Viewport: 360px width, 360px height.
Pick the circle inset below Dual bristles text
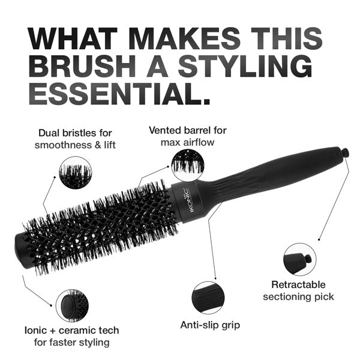pos(74,173)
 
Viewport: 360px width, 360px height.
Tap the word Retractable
pos(298,284)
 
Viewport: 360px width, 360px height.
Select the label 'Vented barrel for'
pos(188,130)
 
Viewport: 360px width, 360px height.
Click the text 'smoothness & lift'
pos(75,145)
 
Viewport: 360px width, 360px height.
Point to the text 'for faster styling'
pos(72,343)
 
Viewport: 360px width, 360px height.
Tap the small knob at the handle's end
pos(346,154)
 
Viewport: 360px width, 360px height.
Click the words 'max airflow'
pos(188,142)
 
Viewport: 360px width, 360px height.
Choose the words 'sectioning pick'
pos(298,296)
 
